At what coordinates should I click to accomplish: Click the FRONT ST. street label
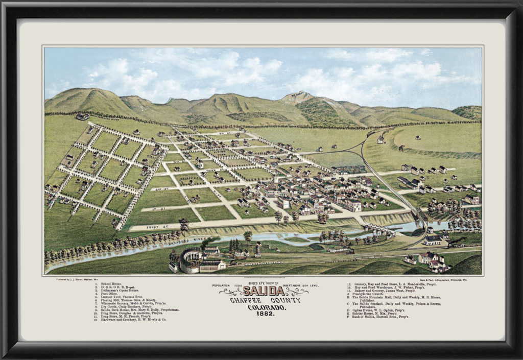click(x=145, y=223)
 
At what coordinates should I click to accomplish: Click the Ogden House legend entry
click(x=378, y=310)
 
